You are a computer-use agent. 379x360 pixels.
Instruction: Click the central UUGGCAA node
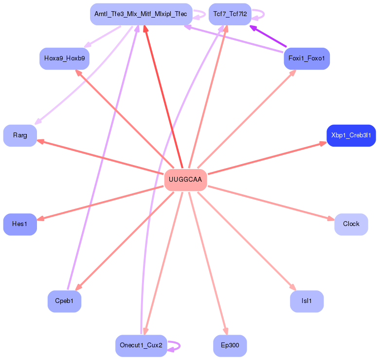(x=185, y=180)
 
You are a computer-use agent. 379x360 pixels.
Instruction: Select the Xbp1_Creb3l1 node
(x=351, y=135)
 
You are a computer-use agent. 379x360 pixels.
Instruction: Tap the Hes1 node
(x=20, y=224)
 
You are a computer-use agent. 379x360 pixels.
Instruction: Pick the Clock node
(x=351, y=224)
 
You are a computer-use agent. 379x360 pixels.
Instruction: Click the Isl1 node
(x=307, y=301)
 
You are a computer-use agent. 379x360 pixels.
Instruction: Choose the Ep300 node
(x=230, y=345)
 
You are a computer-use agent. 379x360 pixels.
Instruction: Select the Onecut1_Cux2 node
(x=141, y=345)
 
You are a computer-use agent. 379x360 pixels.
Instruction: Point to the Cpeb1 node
(x=64, y=301)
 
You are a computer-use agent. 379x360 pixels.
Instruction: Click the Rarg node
(x=20, y=135)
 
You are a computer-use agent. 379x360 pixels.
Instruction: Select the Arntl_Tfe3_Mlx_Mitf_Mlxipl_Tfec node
(x=141, y=14)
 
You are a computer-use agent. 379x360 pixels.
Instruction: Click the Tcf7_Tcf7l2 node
(x=230, y=14)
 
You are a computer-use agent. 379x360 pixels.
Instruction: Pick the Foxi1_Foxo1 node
(x=307, y=58)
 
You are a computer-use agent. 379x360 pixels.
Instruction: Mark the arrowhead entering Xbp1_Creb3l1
(x=324, y=143)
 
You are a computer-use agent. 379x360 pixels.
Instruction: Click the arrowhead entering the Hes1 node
(x=40, y=219)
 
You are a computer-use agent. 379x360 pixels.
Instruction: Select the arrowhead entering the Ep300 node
(x=225, y=332)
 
